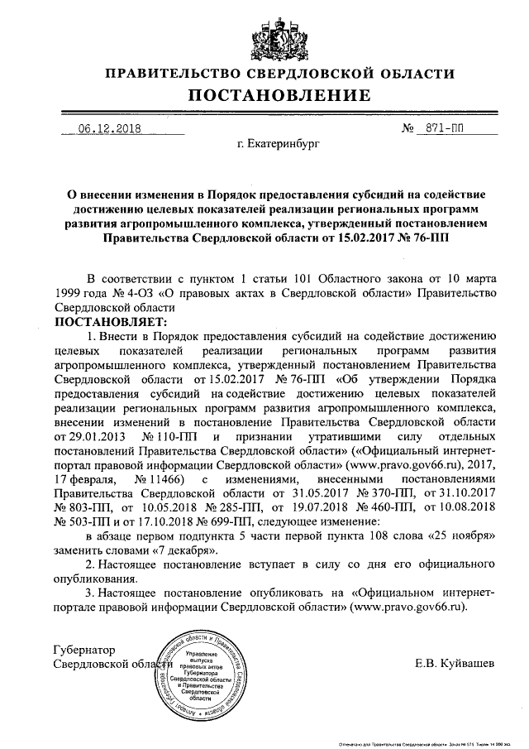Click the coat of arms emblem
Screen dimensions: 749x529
(x=264, y=32)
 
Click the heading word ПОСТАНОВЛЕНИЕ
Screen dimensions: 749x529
(x=264, y=97)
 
